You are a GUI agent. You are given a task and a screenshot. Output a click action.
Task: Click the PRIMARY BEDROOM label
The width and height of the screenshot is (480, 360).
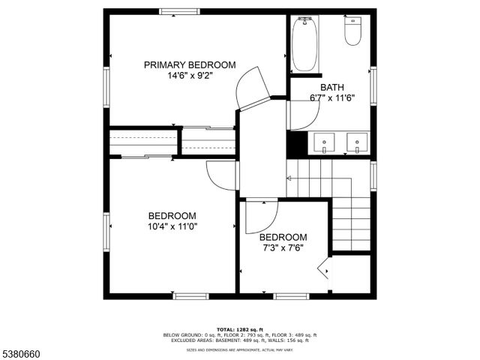point(190,64)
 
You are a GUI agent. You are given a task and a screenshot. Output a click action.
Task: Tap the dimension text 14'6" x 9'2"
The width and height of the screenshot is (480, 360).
point(190,75)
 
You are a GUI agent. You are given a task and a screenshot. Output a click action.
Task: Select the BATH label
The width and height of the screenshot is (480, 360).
point(331,86)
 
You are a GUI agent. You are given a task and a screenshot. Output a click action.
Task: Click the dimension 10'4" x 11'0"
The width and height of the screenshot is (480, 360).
point(172,225)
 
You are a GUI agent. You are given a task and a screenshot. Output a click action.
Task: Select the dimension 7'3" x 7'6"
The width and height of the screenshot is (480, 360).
point(283,247)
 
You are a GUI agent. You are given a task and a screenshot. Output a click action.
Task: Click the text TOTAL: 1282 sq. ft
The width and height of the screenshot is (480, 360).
point(240,329)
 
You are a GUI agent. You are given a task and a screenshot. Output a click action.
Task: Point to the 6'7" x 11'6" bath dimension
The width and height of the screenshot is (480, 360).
point(331,97)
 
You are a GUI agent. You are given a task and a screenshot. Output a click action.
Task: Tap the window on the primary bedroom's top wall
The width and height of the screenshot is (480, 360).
point(179,11)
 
